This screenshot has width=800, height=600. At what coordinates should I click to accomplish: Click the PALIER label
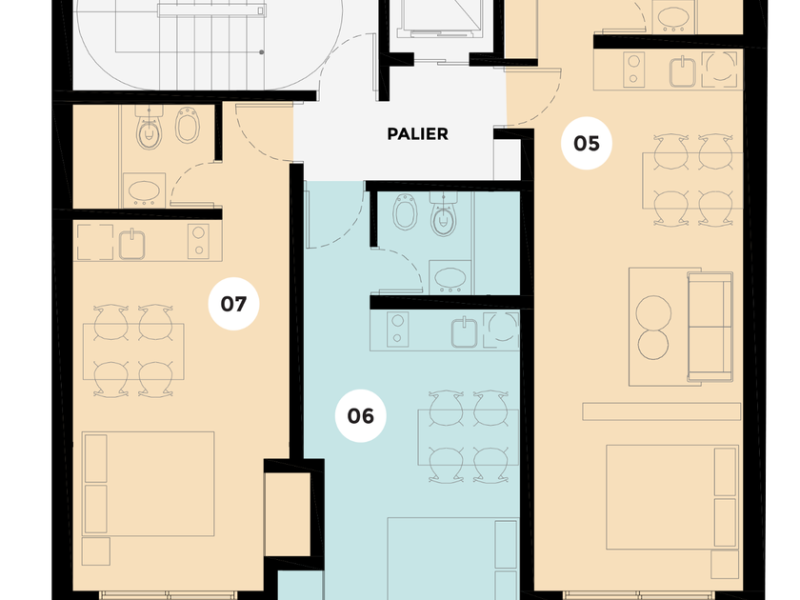[417, 134]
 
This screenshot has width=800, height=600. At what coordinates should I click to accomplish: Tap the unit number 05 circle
[587, 144]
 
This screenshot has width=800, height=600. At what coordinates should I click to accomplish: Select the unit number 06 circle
[361, 416]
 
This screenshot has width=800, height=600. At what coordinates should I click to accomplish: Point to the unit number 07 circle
[233, 304]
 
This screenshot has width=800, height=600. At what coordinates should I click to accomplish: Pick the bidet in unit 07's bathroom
[188, 125]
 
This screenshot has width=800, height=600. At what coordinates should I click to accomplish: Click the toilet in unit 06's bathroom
[443, 214]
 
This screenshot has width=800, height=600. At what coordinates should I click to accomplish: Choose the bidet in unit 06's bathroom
[406, 211]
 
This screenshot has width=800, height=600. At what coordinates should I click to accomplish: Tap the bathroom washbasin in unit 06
[450, 277]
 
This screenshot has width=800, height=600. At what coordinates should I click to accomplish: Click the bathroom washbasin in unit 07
[144, 190]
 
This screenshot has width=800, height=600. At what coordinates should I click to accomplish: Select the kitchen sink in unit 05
[683, 71]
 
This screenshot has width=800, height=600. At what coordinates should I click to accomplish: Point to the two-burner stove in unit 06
[397, 330]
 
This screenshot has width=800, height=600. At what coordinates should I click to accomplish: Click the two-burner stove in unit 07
[198, 241]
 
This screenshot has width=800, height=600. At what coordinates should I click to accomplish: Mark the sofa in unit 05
[710, 327]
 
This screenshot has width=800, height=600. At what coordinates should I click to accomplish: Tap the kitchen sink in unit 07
[131, 244]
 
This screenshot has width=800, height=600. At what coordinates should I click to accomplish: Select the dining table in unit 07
[133, 351]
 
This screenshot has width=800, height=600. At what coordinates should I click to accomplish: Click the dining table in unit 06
[469, 437]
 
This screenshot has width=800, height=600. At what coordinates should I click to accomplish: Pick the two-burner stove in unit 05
[633, 70]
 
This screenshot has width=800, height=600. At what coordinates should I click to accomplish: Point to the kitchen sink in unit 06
[465, 332]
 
